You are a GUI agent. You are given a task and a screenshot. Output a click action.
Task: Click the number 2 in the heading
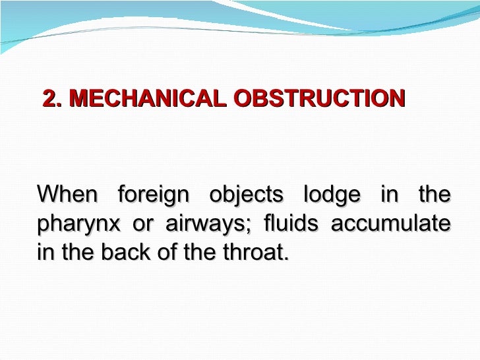49,99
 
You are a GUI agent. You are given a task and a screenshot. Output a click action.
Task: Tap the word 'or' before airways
141,224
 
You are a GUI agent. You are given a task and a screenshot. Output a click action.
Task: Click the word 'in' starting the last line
44,252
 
